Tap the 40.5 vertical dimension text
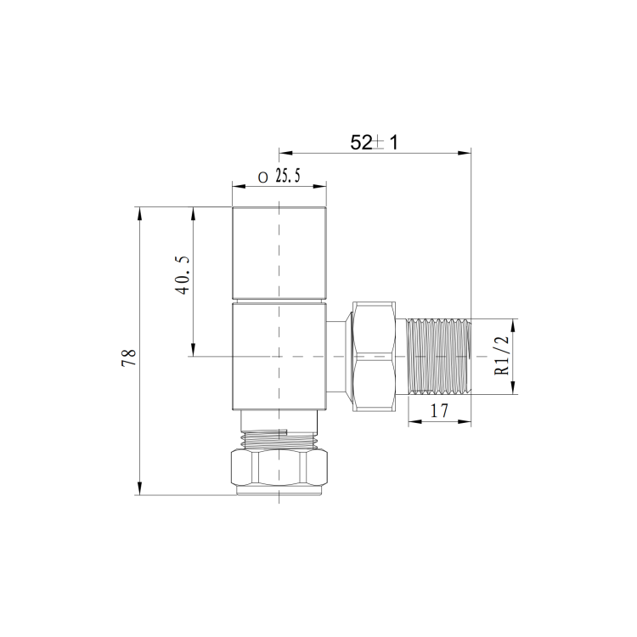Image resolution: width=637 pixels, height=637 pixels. tap(182, 275)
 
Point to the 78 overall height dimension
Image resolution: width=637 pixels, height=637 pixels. tap(129, 358)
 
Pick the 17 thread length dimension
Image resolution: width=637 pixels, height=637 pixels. tap(440, 411)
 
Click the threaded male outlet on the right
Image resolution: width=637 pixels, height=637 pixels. tap(439, 357)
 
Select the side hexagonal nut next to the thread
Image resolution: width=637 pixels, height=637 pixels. tap(374, 357)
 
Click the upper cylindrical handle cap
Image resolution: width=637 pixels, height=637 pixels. tap(279, 252)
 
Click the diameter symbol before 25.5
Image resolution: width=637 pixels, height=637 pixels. tap(262, 177)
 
